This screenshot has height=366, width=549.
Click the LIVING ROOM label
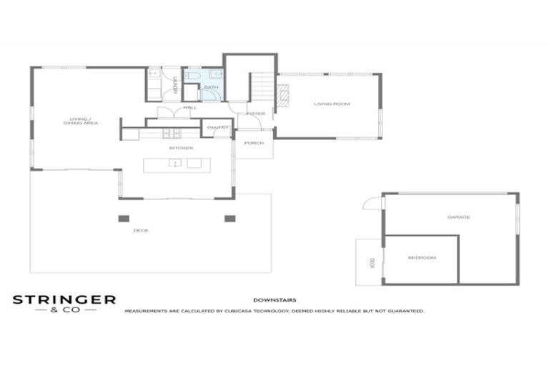pos(332,104)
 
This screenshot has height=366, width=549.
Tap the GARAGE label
pos(458,217)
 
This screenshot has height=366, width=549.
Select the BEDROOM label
pos(421,257)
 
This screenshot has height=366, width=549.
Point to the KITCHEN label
pos(181,148)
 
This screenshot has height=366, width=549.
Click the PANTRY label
pos(217,128)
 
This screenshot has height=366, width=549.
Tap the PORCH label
pos(254,143)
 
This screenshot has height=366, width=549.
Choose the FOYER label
pos(255,114)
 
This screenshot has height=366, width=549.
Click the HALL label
pos(190,107)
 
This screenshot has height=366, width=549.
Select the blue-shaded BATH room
pos(212,86)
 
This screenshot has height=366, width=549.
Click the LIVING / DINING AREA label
pos(80,121)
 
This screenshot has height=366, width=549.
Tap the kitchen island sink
pos(174,164)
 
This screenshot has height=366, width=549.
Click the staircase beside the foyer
pos(262,86)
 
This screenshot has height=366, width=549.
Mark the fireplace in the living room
pos(283,95)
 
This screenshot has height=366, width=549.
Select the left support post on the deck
pos(125,218)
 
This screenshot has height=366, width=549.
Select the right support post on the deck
pos(229,218)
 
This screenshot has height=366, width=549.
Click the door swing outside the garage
pos(372,203)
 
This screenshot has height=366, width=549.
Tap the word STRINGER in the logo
pos(64,300)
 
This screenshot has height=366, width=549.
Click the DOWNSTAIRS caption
pos(274,300)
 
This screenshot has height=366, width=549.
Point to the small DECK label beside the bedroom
pos(372,262)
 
